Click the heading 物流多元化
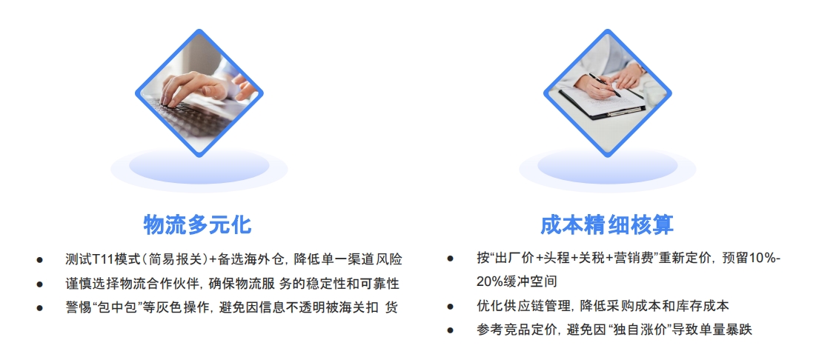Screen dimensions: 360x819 (x=197, y=224)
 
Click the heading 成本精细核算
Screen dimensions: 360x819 (x=607, y=224)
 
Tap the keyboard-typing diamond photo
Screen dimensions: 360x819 (x=199, y=92)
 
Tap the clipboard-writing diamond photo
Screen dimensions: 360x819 (x=607, y=93)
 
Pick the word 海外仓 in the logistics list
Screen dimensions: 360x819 (x=268, y=259)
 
